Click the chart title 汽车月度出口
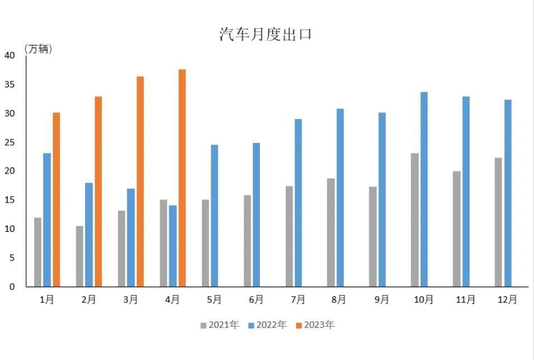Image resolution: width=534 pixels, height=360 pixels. pos(265,34)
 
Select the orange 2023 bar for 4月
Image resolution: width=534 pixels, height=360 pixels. pos(182,178)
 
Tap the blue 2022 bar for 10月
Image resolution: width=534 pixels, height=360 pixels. pos(424,189)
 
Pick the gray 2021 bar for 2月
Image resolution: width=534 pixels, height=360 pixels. pos(80,256)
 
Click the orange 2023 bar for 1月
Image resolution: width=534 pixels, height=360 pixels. pos(56,199)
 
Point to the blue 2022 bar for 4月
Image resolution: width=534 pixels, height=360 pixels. pos(173,246)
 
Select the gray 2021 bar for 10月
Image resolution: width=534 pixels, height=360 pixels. pos(415,219)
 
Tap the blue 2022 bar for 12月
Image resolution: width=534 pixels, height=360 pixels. pos(508,193)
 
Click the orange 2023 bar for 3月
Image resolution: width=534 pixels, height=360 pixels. pos(140,181)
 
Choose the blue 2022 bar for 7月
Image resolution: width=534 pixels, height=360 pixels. pos(298,203)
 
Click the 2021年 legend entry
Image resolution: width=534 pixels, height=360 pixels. pos(220,325)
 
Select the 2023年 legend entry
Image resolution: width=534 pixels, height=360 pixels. pos(315,325)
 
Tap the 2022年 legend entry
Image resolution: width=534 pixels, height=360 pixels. pos(267,325)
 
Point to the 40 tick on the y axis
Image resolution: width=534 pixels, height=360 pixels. pos(10,55)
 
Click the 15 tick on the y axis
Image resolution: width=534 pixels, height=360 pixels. pos(10,200)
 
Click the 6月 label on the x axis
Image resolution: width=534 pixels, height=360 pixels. pos(256,300)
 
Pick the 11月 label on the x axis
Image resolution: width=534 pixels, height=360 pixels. pos(466,300)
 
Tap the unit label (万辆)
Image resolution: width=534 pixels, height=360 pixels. pos(39,49)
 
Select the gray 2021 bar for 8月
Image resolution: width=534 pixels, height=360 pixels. pos(331,232)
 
